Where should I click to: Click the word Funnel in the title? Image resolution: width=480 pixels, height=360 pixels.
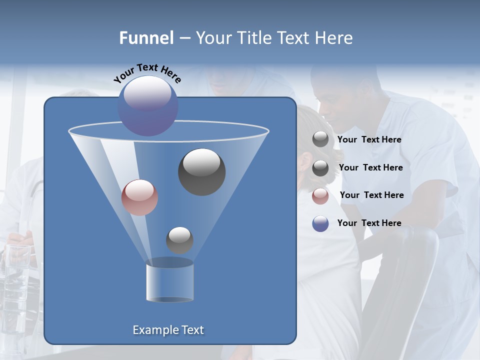coord(146,38)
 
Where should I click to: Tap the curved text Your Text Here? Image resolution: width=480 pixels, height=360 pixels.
coord(147,73)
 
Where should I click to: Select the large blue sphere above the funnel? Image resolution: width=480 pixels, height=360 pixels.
coord(148,106)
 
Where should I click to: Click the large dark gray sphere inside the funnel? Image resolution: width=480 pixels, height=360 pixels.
coord(202,172)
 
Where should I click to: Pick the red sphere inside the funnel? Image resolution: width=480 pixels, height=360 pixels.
coord(139,197)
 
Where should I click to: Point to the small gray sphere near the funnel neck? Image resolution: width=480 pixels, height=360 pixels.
coord(179,240)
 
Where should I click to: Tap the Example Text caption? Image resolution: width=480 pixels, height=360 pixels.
coord(168,330)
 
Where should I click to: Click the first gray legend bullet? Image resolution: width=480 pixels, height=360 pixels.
coord(320,139)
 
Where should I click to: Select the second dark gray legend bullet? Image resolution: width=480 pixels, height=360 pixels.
coord(320,168)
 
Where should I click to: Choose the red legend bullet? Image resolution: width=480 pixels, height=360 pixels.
coord(320,196)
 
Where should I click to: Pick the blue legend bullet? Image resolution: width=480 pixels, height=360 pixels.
coord(320,223)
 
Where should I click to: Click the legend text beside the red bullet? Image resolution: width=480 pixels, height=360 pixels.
coord(371,195)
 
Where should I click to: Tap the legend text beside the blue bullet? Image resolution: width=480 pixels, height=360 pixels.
coord(369,223)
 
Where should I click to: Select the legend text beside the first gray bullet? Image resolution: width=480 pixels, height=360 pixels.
coord(369,139)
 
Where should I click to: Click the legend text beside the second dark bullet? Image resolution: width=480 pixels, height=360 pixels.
coord(370,167)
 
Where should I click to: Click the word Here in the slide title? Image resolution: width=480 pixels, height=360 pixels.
coord(334,38)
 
